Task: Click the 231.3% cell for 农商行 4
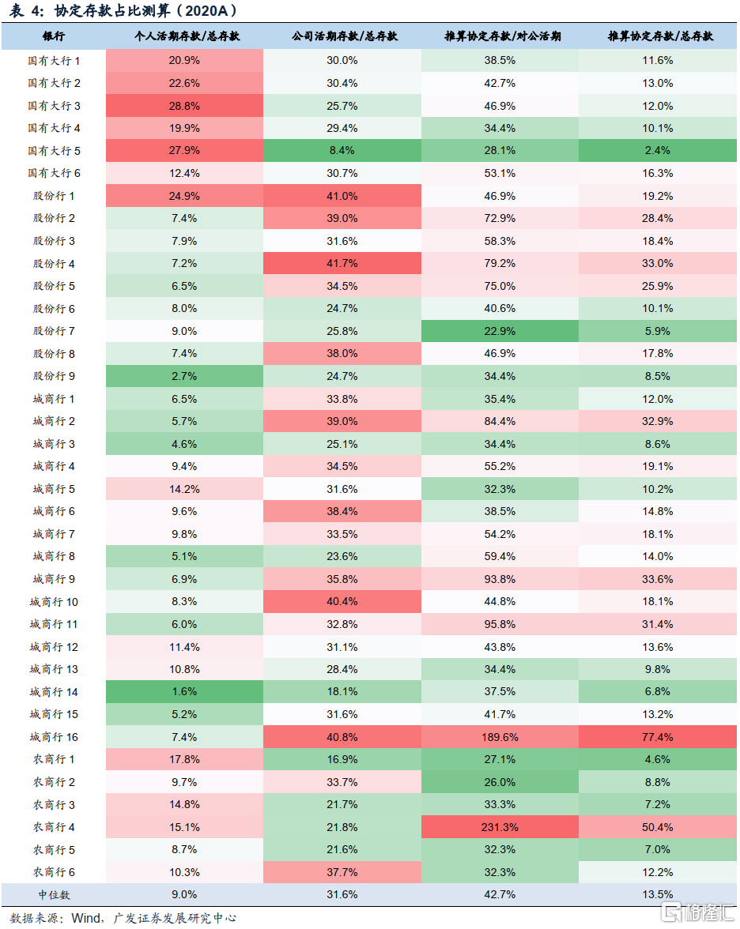(x=500, y=827)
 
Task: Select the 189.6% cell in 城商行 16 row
(x=500, y=737)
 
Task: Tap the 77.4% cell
(x=658, y=737)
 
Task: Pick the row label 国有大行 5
(x=54, y=151)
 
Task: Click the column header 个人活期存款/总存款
(x=183, y=37)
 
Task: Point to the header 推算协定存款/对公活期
(x=500, y=37)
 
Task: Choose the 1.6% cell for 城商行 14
(x=183, y=692)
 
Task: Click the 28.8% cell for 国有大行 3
(x=183, y=106)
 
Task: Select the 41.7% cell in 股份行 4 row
(x=342, y=264)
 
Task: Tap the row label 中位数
(x=54, y=895)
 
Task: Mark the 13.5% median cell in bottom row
(x=658, y=895)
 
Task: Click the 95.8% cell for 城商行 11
(x=500, y=625)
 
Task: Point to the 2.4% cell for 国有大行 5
(x=658, y=151)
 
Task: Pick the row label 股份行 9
(x=54, y=376)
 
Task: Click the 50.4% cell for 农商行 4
(x=658, y=827)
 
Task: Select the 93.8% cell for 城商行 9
(x=500, y=579)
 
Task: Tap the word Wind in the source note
(x=85, y=918)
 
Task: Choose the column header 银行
(x=54, y=37)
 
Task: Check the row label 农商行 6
(x=54, y=872)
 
